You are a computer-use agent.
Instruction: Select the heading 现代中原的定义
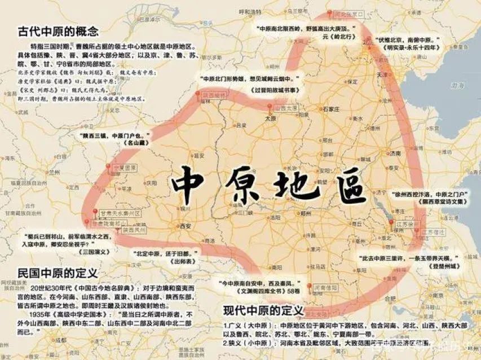point(263,311)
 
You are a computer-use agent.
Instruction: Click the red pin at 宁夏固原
point(108,166)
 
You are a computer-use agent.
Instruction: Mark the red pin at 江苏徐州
point(393,223)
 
